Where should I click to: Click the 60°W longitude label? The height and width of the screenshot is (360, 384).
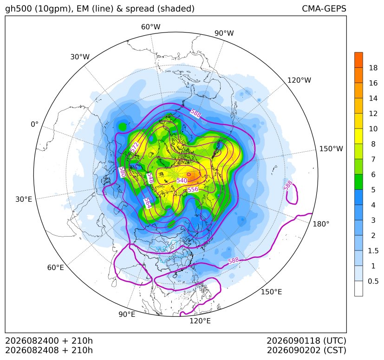click(x=150, y=27)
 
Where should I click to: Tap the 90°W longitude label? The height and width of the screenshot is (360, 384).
click(x=224, y=33)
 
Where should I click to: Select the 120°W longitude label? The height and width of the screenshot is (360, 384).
click(x=299, y=80)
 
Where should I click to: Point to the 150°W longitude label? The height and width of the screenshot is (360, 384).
click(x=331, y=148)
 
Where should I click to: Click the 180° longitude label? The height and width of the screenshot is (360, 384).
click(x=321, y=224)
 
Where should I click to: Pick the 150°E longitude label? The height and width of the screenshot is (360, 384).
click(x=271, y=292)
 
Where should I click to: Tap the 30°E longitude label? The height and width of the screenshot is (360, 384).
click(x=24, y=199)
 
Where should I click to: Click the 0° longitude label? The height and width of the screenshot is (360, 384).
click(x=34, y=124)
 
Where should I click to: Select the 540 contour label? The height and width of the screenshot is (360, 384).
click(x=182, y=180)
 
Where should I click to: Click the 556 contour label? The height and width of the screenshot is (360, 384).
click(x=193, y=189)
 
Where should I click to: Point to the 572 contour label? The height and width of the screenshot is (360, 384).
click(x=135, y=147)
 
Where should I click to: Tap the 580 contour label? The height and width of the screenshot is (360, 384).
click(x=123, y=172)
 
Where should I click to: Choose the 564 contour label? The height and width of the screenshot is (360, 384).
click(x=148, y=203)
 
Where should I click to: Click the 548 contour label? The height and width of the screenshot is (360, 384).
click(x=150, y=178)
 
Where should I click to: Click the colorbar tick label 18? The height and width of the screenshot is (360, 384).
click(x=373, y=68)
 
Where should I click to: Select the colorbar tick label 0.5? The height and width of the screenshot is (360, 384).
click(x=373, y=281)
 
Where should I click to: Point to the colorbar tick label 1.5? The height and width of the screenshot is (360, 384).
click(x=373, y=251)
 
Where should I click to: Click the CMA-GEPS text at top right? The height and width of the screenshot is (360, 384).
click(x=324, y=8)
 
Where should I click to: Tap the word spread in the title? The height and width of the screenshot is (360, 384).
click(x=139, y=9)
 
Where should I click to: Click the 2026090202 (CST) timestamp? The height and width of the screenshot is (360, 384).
click(x=306, y=350)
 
